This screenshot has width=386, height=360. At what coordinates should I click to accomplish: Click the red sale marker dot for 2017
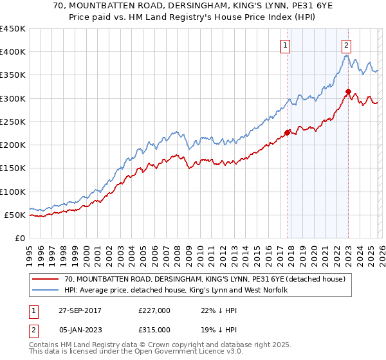click(287, 133)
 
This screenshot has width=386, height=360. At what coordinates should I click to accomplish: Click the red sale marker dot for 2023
click(347, 91)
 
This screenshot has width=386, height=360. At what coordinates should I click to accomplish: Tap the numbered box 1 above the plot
click(284, 45)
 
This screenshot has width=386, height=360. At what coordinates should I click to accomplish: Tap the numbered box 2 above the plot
click(346, 45)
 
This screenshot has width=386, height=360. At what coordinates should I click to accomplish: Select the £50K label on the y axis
click(15, 215)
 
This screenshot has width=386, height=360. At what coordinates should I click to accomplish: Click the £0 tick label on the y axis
click(21, 238)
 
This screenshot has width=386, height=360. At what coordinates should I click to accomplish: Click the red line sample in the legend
click(46, 279)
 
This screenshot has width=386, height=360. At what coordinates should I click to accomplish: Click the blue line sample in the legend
click(46, 291)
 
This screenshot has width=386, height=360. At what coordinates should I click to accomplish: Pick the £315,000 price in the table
click(154, 329)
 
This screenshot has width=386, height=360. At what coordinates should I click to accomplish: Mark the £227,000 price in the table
click(154, 310)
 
